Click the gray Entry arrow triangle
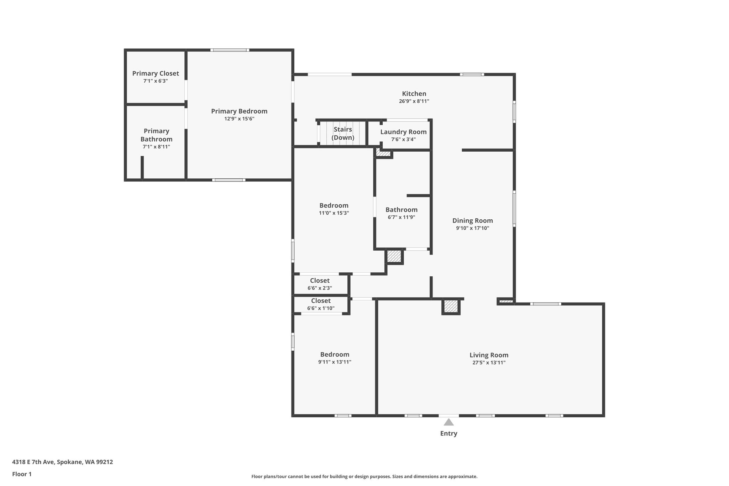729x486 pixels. click(449, 422)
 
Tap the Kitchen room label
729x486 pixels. click(414, 94)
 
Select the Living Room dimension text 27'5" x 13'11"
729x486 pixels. click(489, 363)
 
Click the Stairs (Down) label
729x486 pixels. click(343, 134)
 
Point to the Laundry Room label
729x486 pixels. click(403, 132)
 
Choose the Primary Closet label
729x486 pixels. click(156, 73)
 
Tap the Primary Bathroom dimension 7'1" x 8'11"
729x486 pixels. click(156, 147)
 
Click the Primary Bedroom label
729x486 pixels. click(239, 111)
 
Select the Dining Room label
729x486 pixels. click(472, 221)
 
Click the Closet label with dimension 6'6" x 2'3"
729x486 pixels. click(320, 281)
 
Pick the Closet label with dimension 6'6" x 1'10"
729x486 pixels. click(321, 301)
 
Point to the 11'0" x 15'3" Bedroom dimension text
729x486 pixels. click(334, 213)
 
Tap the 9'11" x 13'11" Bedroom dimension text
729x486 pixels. click(335, 362)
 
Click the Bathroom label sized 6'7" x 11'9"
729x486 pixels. click(402, 210)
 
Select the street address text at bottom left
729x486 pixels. click(63, 462)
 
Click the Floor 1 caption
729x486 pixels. click(22, 474)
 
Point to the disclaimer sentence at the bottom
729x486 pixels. click(364, 477)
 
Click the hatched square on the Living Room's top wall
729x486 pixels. click(451, 307)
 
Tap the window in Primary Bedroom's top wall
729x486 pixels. click(230, 50)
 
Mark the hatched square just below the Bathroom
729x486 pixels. click(394, 256)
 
